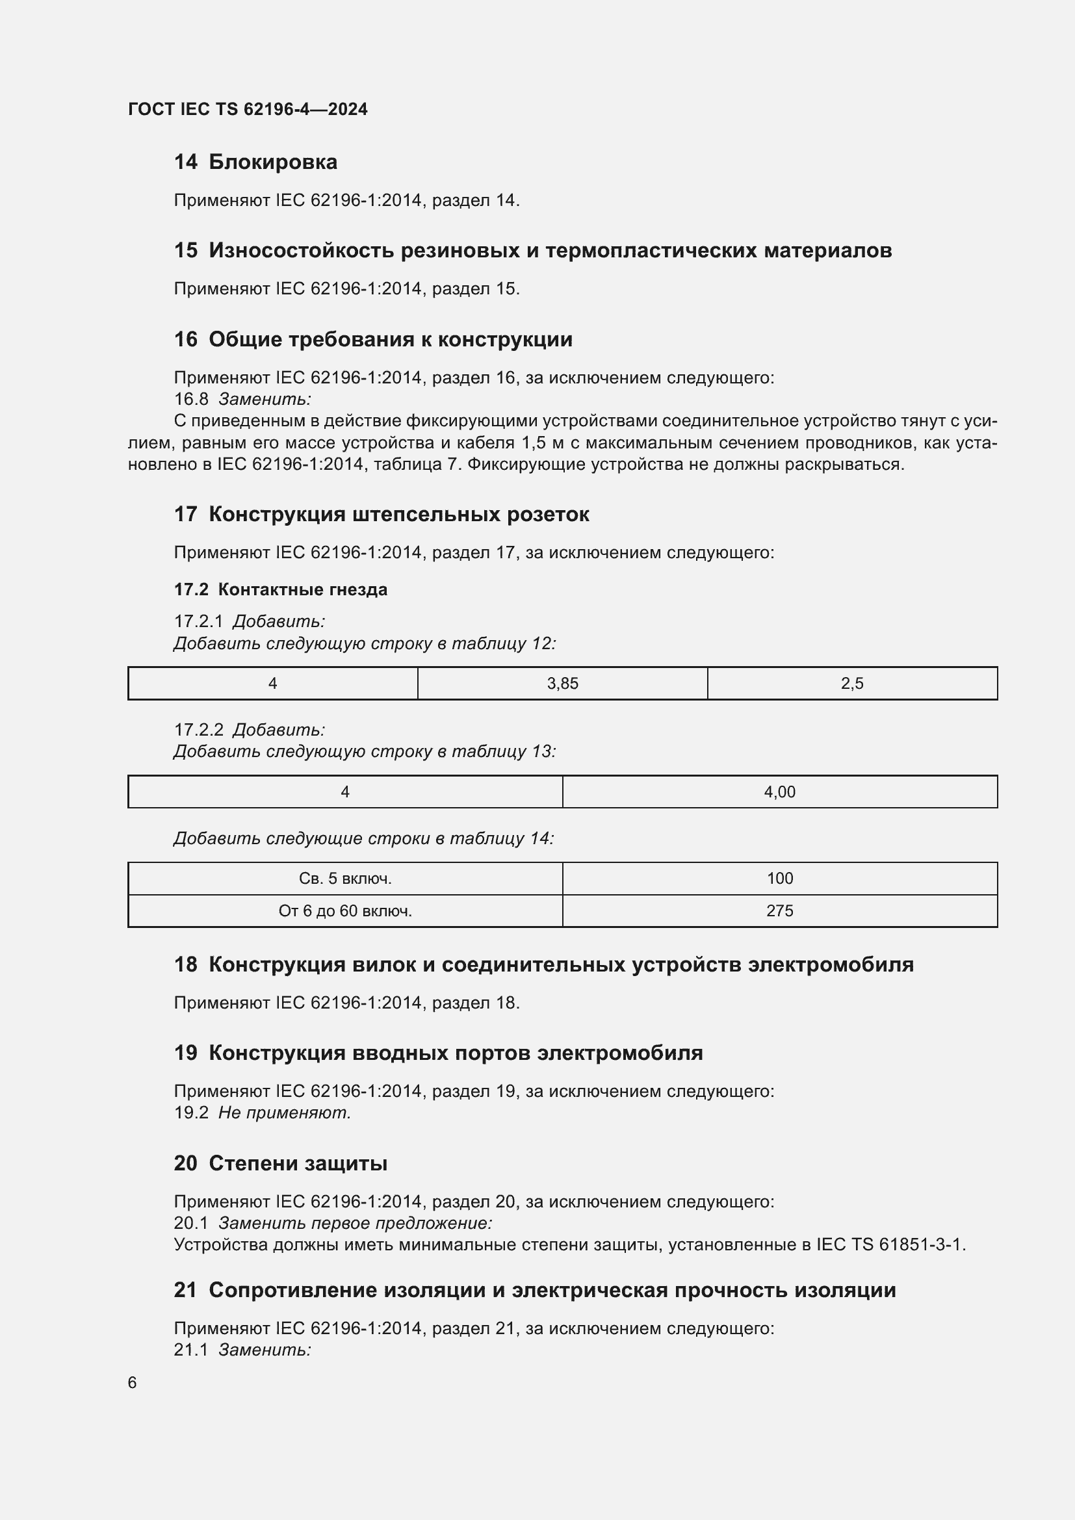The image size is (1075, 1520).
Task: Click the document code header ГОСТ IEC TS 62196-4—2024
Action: [248, 109]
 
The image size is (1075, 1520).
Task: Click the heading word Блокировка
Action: [273, 162]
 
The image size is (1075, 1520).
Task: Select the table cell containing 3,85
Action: [562, 683]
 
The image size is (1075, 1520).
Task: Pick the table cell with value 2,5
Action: [852, 683]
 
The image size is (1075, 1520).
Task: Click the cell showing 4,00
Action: [779, 792]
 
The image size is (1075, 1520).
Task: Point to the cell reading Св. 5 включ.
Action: [345, 879]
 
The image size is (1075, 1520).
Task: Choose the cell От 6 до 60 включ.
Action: [345, 911]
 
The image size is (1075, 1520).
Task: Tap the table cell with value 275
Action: [779, 911]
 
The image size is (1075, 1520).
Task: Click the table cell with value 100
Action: [779, 879]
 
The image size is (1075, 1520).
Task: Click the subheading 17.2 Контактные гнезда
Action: [281, 589]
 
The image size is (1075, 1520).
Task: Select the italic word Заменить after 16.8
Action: [265, 399]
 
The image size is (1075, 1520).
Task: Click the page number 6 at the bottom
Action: [133, 1382]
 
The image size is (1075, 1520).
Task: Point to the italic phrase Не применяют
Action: [285, 1113]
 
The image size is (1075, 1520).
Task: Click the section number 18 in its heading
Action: [185, 964]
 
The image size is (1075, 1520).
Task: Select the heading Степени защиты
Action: [298, 1163]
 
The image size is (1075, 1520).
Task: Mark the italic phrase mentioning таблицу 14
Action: [363, 839]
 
